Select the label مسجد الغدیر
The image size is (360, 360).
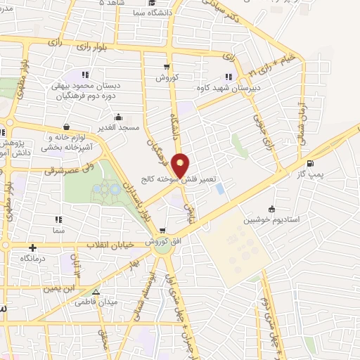(x=117, y=127)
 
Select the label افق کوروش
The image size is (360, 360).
(x=163, y=241)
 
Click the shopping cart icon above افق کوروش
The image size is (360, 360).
(x=162, y=230)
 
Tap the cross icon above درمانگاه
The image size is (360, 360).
(x=32, y=247)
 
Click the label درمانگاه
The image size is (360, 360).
(x=33, y=259)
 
